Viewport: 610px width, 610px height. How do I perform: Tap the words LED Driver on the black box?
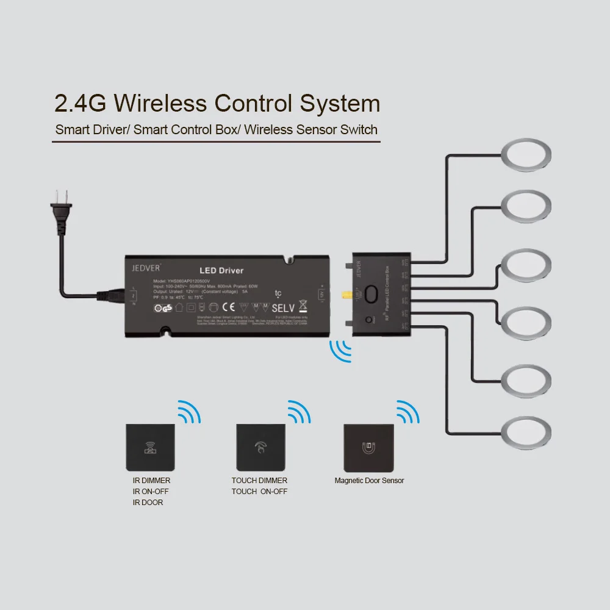pyautogui.click(x=221, y=270)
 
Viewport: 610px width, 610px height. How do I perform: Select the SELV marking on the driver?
pyautogui.click(x=282, y=308)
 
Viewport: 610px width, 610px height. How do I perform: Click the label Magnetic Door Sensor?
pyautogui.click(x=369, y=481)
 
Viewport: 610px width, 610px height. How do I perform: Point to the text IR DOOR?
pyautogui.click(x=148, y=503)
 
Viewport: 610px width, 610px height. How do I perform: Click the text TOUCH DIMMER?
pyautogui.click(x=259, y=481)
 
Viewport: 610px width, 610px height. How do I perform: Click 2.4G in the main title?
pyautogui.click(x=80, y=103)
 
